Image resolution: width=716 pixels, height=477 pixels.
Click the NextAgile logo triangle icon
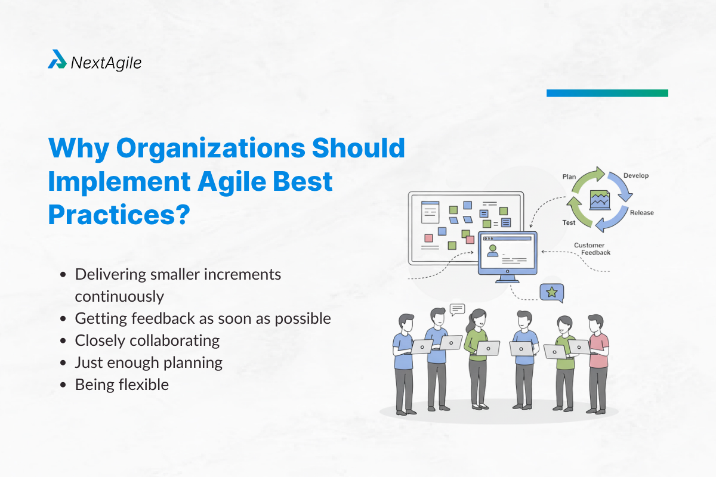click(x=57, y=59)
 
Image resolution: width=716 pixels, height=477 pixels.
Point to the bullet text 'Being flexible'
click(x=122, y=385)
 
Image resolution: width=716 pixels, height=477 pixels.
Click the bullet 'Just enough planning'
click(x=149, y=363)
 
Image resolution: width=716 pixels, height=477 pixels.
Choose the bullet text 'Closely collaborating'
click(x=147, y=340)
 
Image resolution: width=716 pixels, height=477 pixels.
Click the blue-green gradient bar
click(x=607, y=93)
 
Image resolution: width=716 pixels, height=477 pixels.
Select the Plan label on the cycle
click(x=569, y=177)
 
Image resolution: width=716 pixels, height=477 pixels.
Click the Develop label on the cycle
click(x=635, y=176)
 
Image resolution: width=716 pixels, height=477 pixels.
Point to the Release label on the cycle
click(x=641, y=212)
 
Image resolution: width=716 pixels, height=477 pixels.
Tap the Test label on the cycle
click(x=569, y=222)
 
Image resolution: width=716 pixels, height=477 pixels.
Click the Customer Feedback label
click(x=589, y=249)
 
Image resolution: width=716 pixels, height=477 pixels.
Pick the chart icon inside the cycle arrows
click(x=600, y=199)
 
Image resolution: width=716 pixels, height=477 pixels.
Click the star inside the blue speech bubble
click(x=551, y=292)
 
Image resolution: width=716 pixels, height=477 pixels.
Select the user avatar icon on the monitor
click(x=492, y=250)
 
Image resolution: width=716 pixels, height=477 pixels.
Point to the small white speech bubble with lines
click(x=458, y=308)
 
